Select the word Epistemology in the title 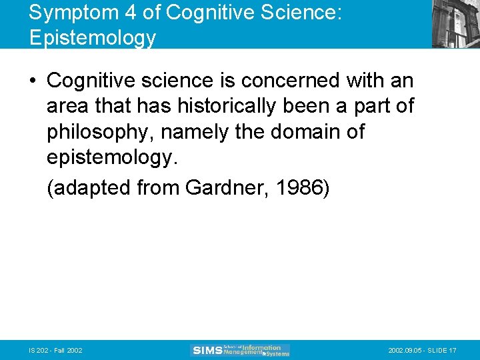pyautogui.click(x=93, y=37)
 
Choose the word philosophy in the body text pyautogui.click(x=103, y=131)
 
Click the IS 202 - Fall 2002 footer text pyautogui.click(x=55, y=351)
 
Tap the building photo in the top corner pyautogui.click(x=455, y=24)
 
